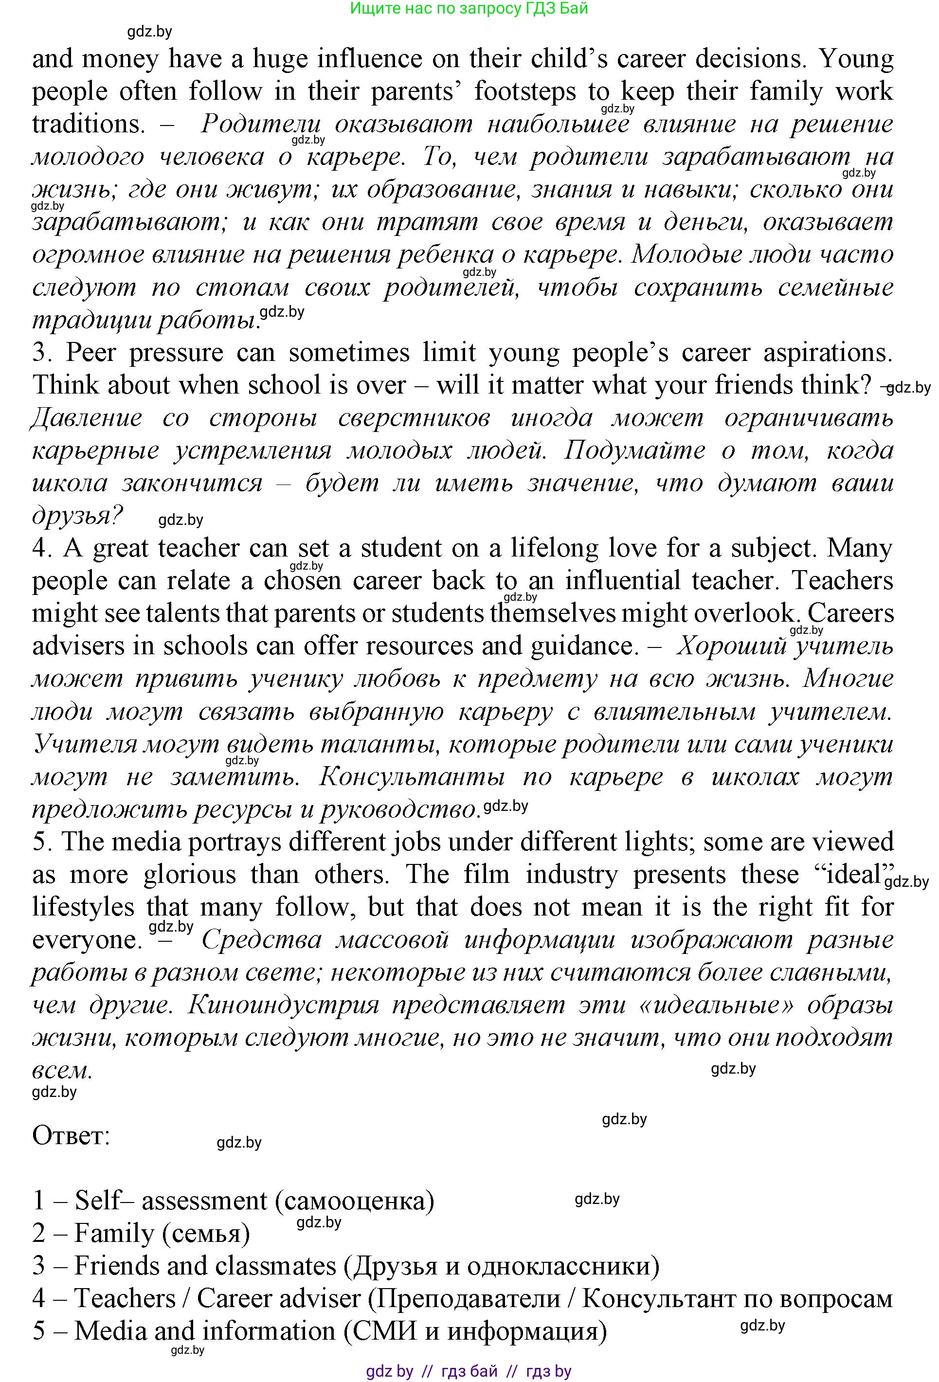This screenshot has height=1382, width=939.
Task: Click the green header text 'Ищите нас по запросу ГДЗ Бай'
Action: tap(469, 8)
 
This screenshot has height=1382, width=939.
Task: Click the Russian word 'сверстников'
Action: tap(414, 418)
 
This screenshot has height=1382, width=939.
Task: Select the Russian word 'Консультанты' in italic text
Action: tap(412, 777)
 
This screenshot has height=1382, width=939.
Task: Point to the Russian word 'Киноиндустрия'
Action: tap(284, 1005)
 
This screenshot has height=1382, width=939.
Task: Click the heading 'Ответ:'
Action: tap(72, 1136)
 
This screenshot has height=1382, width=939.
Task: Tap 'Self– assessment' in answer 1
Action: tap(171, 1201)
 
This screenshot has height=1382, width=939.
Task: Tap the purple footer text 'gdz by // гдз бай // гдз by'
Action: tap(469, 1371)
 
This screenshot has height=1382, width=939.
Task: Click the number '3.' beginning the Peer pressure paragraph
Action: tap(43, 353)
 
